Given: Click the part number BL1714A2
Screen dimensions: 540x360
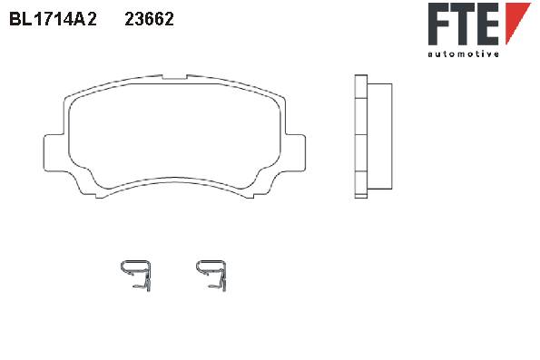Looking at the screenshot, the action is [x=53, y=19].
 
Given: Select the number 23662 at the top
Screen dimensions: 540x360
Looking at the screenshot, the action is [x=149, y=19].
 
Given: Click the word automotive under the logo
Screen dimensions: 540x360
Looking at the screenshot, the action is [x=463, y=54].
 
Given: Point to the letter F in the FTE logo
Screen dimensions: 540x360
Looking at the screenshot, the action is [x=439, y=24].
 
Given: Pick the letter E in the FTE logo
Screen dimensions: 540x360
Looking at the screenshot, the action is [x=488, y=24].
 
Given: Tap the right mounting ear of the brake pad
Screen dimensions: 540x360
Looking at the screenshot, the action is [x=295, y=152].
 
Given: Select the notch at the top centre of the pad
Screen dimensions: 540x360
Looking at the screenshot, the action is [x=174, y=77].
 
